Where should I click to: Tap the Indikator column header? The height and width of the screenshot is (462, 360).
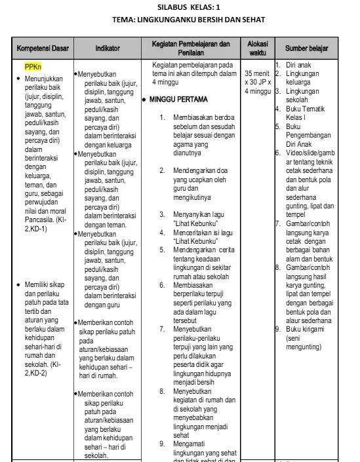pyautogui.click(x=107, y=48)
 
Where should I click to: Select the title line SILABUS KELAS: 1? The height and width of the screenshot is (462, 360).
pyautogui.click(x=190, y=6)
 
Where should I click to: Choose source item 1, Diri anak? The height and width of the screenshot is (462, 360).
pyautogui.click(x=301, y=66)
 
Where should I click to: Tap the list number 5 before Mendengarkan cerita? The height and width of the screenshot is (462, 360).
pyautogui.click(x=163, y=249)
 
